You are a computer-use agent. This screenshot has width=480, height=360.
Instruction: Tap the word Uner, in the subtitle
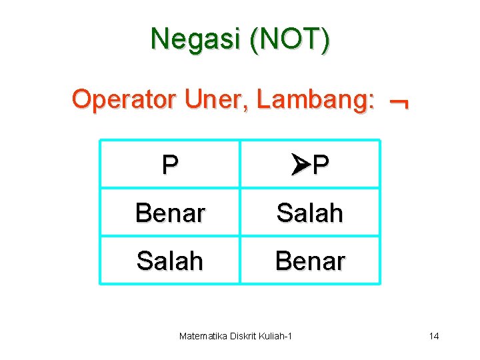(208, 99)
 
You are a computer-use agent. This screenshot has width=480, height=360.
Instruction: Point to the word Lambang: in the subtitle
(315, 99)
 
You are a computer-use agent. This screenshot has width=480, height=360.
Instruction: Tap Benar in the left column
(170, 213)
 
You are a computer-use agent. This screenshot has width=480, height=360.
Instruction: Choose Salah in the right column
(310, 213)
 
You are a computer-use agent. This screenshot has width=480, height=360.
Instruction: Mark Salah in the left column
(170, 261)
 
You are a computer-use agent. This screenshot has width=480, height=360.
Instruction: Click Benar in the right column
(310, 261)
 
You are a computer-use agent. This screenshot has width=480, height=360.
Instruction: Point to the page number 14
(434, 335)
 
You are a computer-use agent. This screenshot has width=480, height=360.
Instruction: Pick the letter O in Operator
(81, 99)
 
